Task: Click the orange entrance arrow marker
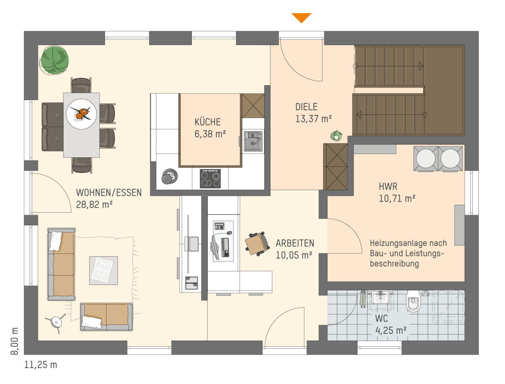coord(301,17)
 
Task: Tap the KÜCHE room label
coord(207,122)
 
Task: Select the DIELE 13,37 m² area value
coord(314,119)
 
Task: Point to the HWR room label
coord(388,187)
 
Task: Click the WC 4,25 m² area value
coord(391,331)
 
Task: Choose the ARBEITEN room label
coord(295,243)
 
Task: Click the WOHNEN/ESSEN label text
coord(109,192)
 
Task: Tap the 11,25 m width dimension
coord(40,365)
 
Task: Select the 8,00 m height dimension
coord(14,341)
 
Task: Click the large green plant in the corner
coord(54,60)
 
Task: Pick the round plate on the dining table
coord(81,114)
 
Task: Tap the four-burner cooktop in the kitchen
coord(210,179)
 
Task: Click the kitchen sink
coord(253,141)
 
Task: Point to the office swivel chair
coord(257,244)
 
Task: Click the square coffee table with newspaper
coord(103,270)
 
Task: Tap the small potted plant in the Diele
coord(336,136)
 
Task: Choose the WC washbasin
coord(380,297)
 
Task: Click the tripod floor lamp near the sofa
coord(56,322)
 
